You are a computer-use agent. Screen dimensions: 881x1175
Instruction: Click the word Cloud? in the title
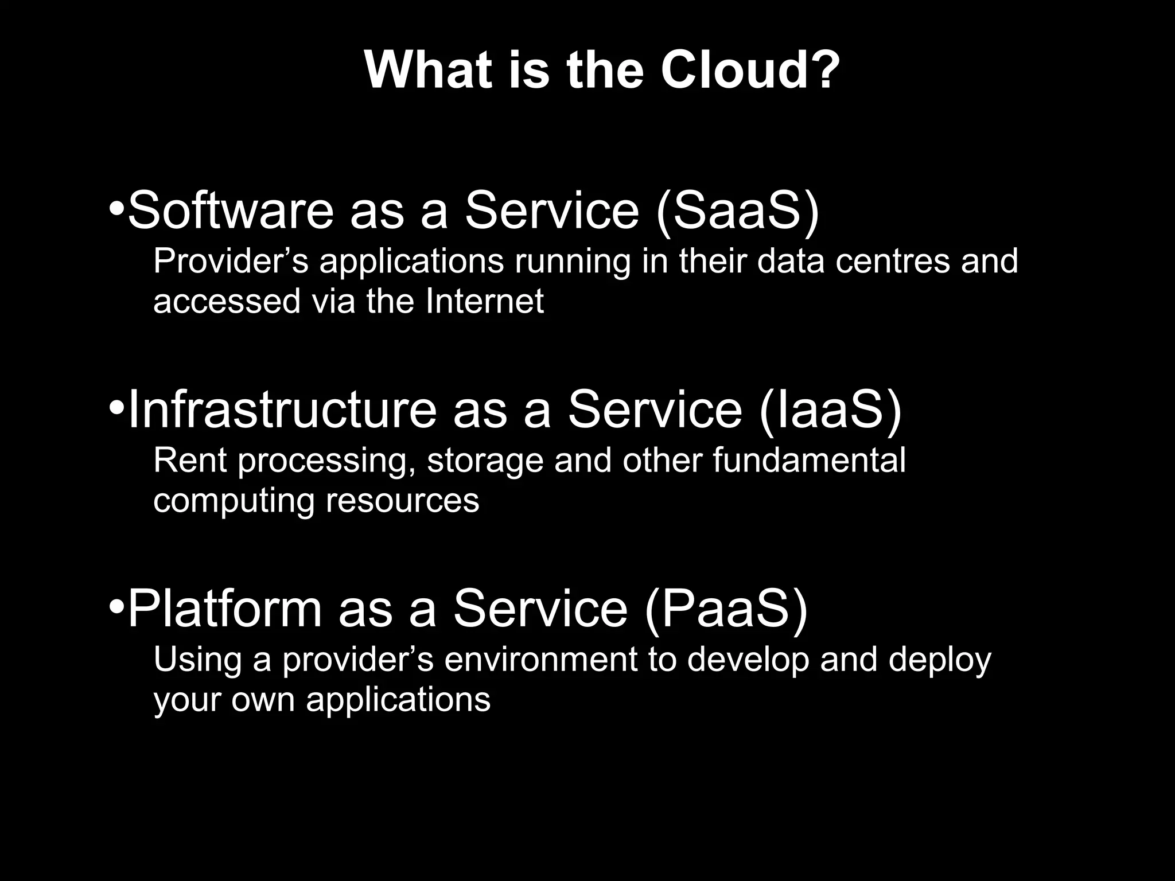coord(750,71)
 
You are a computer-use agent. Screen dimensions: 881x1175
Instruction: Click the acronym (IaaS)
coord(830,409)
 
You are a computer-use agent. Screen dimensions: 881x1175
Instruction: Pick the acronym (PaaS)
coord(726,609)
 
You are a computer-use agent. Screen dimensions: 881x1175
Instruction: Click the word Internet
coord(484,301)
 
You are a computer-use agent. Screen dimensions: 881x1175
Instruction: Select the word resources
coord(402,501)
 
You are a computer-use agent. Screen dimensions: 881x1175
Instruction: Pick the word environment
coord(540,660)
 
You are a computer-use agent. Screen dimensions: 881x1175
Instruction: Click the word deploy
coord(939,661)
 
